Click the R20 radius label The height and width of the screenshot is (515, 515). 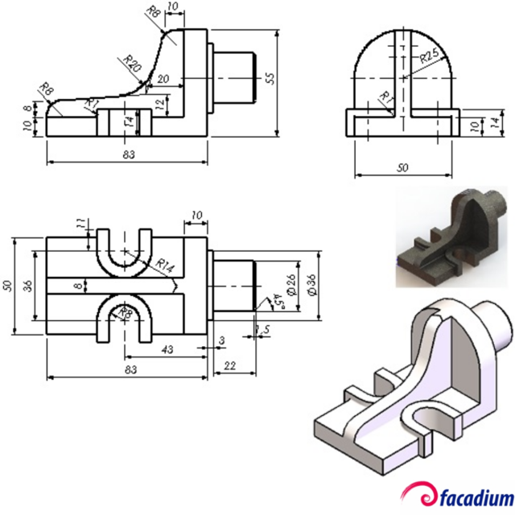tap(133, 64)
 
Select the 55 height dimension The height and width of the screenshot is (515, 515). tap(270, 78)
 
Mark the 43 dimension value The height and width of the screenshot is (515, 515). tap(168, 350)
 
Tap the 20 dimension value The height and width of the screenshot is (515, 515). tap(163, 79)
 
